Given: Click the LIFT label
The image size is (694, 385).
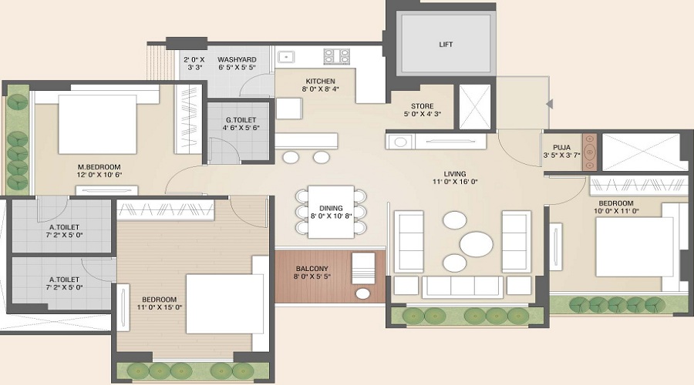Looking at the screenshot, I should (x=446, y=45).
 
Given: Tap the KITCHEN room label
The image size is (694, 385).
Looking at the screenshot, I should (x=319, y=81).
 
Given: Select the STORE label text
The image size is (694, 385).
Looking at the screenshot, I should (x=421, y=106).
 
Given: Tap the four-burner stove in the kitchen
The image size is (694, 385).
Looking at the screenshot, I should (x=336, y=56).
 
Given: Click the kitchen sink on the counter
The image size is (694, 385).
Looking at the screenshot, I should (x=285, y=57).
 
